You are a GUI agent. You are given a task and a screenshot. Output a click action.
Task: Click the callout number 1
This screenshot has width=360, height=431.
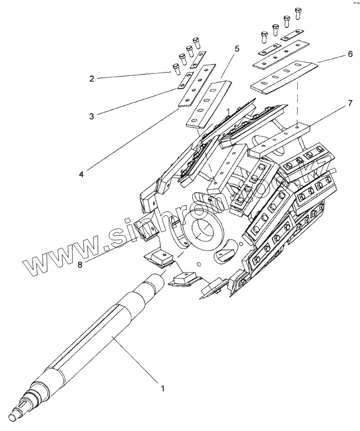pyautogui.click(x=163, y=388)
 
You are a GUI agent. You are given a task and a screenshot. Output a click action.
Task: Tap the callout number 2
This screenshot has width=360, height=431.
pyautogui.click(x=92, y=79)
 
